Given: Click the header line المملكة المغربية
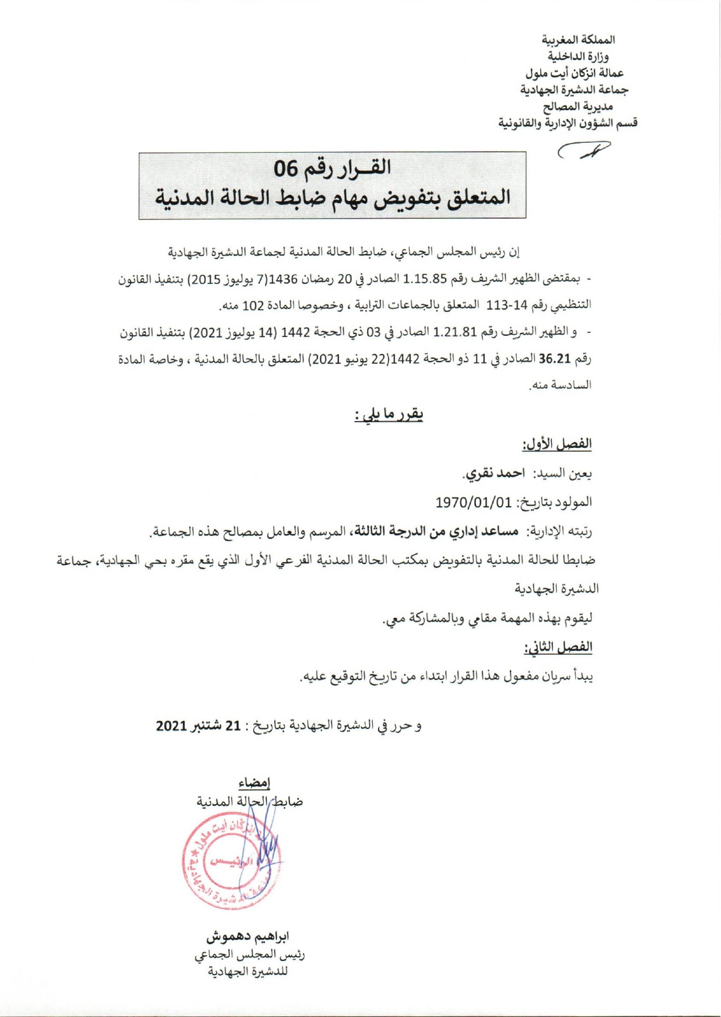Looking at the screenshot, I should (x=578, y=40).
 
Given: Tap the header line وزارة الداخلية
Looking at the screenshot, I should (x=578, y=57).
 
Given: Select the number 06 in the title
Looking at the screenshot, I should (x=286, y=169).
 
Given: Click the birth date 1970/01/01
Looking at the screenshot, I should (x=473, y=502).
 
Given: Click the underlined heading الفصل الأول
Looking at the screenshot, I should (x=557, y=444).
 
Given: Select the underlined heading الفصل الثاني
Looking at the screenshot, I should (x=558, y=647).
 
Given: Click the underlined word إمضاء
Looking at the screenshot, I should (x=254, y=783).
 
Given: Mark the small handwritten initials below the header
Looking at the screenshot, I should (x=584, y=151).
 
